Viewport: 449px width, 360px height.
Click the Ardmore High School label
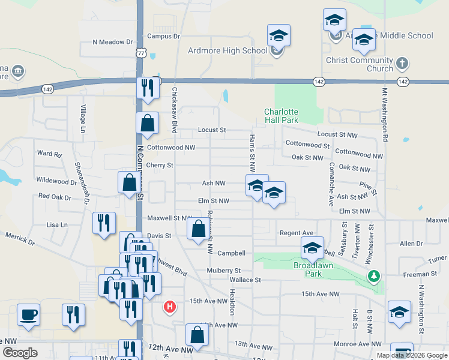pyautogui.click(x=228, y=50)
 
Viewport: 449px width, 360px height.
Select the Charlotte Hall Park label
pyautogui.click(x=282, y=116)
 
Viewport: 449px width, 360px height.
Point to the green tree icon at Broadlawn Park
pyautogui.click(x=374, y=275)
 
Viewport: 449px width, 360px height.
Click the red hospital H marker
pyautogui.click(x=170, y=307)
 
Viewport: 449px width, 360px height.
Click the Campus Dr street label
pyautogui.click(x=163, y=36)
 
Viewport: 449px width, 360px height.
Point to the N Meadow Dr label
pyautogui.click(x=112, y=42)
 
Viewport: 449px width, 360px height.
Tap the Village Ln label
pyautogui.click(x=83, y=119)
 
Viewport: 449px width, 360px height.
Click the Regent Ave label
pyautogui.click(x=297, y=233)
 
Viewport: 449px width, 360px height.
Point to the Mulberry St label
pyautogui.click(x=223, y=271)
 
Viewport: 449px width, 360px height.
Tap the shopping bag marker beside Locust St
pyautogui.click(x=148, y=124)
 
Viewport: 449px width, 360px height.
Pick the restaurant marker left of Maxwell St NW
pyautogui.click(x=104, y=223)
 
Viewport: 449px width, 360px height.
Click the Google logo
pyautogui.click(x=20, y=353)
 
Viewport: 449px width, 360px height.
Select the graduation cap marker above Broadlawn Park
pyautogui.click(x=312, y=247)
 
